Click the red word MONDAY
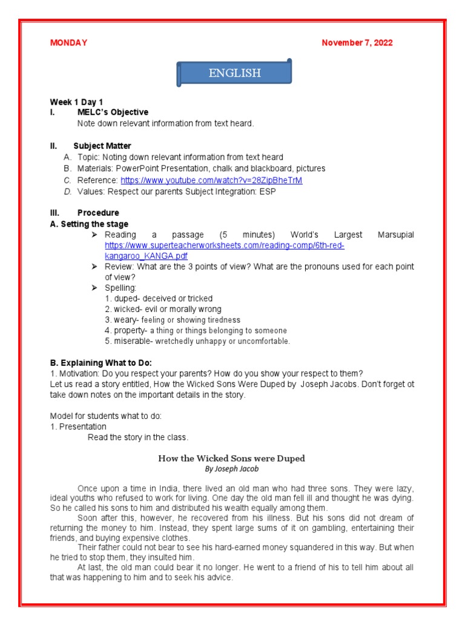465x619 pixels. (x=68, y=42)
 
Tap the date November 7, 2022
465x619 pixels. (x=357, y=42)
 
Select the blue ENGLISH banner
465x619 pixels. (x=234, y=73)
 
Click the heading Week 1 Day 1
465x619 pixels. (x=76, y=102)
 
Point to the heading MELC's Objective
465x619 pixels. (x=113, y=112)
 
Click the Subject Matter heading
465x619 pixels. (x=102, y=146)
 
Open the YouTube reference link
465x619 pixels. (x=211, y=180)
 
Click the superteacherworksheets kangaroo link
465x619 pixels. (x=224, y=251)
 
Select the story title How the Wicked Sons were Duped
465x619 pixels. (x=231, y=458)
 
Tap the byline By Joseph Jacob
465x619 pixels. (x=232, y=469)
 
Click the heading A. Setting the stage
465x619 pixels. (x=88, y=224)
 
